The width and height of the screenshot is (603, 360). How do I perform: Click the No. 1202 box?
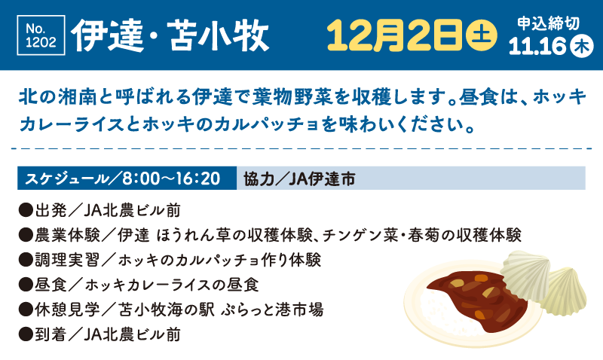point(41,35)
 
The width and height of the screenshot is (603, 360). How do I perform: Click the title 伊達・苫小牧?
point(170,36)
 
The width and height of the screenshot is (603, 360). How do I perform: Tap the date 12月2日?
point(394,35)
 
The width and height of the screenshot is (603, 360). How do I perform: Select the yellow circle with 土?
point(481,35)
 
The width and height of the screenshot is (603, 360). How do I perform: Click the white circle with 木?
point(582,47)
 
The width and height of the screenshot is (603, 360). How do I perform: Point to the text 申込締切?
point(548,23)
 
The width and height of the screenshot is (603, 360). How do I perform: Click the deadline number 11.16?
point(537,47)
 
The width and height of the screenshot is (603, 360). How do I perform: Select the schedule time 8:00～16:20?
point(171,178)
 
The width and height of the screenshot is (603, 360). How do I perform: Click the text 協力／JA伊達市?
point(299,178)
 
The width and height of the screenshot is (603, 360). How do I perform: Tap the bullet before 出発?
point(26,211)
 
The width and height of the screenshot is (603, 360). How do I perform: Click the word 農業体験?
point(67,235)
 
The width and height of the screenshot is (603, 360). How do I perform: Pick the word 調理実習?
point(67,260)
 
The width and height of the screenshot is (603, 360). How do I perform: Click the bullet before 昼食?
point(26,285)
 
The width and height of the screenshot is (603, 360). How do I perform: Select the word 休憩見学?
point(67,310)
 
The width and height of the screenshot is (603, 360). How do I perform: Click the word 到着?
point(51,334)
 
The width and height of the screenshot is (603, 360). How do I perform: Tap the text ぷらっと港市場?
point(272,310)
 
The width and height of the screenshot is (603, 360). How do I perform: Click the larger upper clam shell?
point(525,274)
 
